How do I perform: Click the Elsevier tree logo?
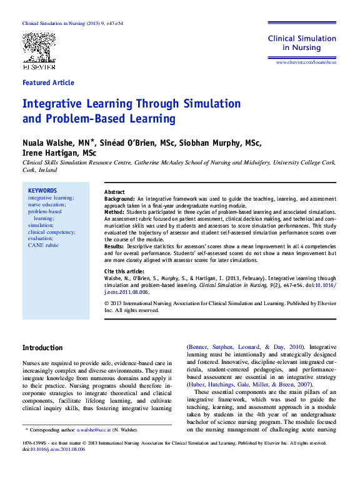point(39,47)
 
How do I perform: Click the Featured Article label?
point(48,83)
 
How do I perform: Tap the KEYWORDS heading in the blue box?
point(42,191)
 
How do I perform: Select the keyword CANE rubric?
point(43,245)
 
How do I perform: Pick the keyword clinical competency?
point(52,231)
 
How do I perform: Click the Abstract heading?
point(114,192)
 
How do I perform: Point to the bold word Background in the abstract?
point(119,199)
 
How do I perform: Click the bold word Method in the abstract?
point(114,213)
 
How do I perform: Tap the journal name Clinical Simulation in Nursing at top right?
point(302,43)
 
